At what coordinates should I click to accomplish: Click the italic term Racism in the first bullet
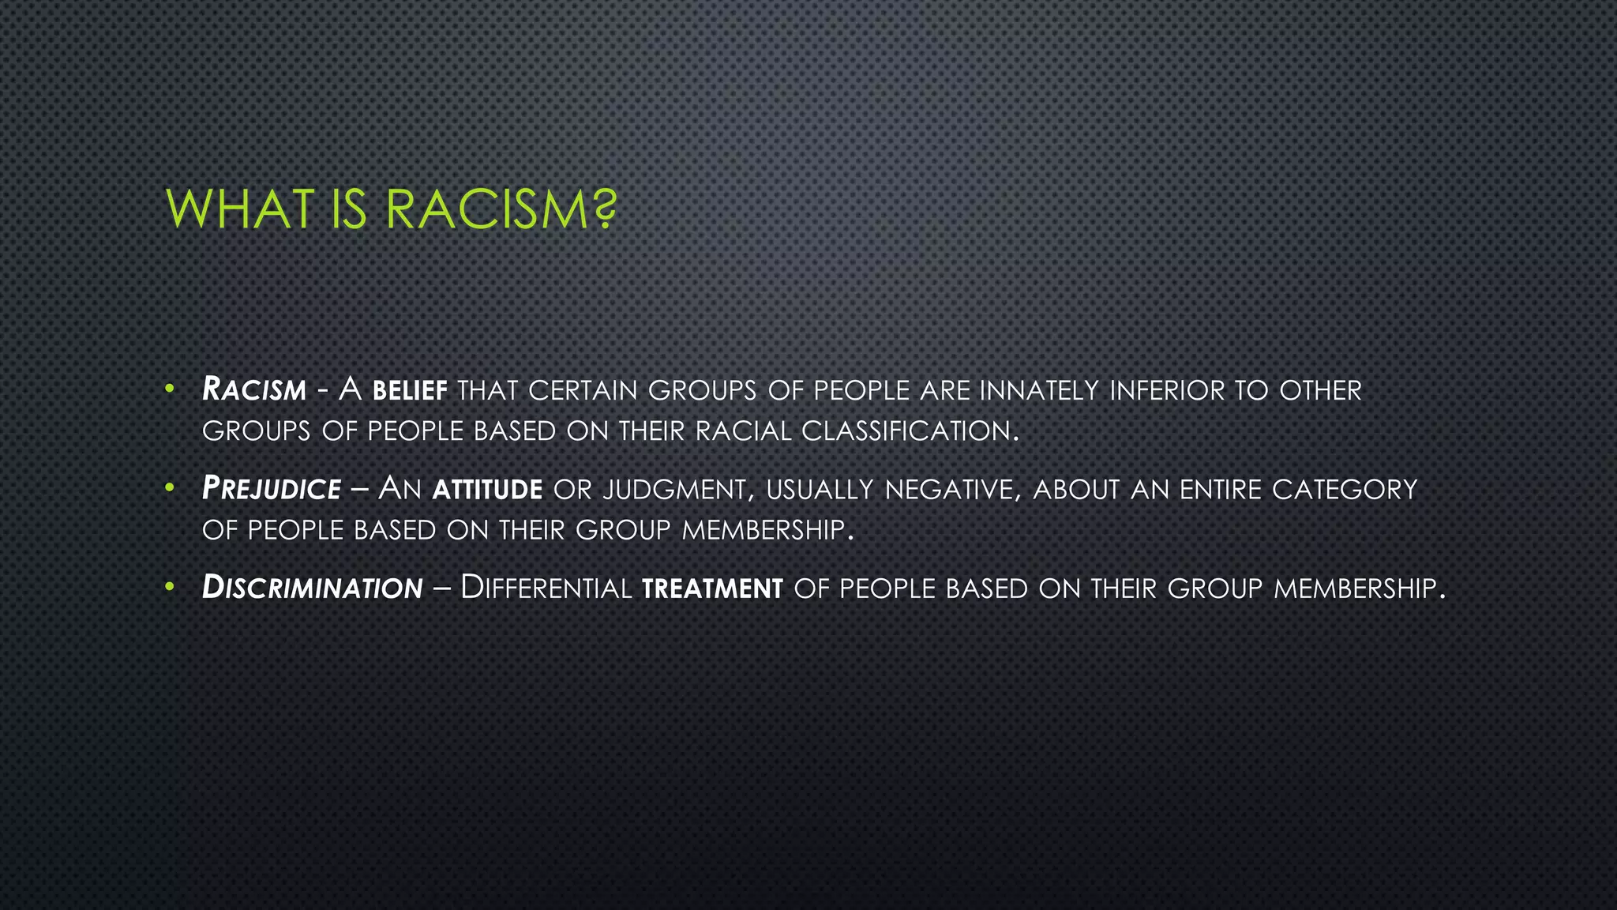254,390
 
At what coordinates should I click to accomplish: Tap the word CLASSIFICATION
907,431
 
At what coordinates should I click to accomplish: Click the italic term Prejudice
272,489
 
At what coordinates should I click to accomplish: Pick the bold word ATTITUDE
487,490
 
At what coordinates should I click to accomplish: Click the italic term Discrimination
313,588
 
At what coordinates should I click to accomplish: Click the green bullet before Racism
169,389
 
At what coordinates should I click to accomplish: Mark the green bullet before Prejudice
169,488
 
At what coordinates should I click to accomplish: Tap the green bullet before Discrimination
169,587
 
